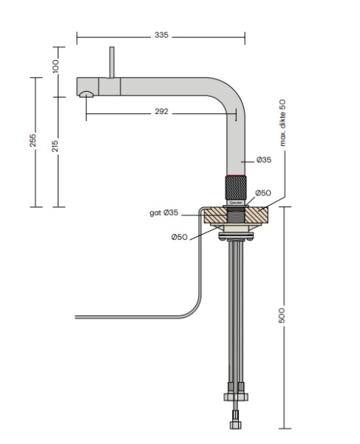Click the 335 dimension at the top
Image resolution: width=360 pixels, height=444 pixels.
161,36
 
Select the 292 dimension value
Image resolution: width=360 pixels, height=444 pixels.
162,112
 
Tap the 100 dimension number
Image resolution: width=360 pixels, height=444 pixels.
55,66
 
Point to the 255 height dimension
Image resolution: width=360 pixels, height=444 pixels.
33,141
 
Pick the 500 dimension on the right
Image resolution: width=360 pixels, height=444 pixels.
284,314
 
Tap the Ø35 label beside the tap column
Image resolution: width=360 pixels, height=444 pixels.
264,160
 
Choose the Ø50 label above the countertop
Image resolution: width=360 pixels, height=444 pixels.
262,193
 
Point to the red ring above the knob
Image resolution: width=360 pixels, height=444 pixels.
237,171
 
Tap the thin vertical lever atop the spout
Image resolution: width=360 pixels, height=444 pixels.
112,63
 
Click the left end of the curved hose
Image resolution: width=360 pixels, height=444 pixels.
78,317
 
